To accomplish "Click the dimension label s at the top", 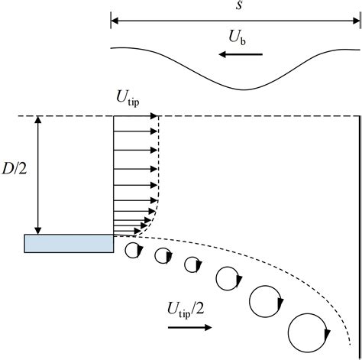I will click(x=235, y=7).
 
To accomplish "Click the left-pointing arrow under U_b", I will click(x=239, y=54).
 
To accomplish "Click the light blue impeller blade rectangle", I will click(x=69, y=243).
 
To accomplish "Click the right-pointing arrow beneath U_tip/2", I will click(x=189, y=327).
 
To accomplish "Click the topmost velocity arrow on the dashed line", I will click(x=136, y=116).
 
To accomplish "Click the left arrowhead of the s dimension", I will click(x=115, y=21).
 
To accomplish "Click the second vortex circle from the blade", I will click(x=162, y=256).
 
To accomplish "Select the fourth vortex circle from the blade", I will click(x=227, y=280).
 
